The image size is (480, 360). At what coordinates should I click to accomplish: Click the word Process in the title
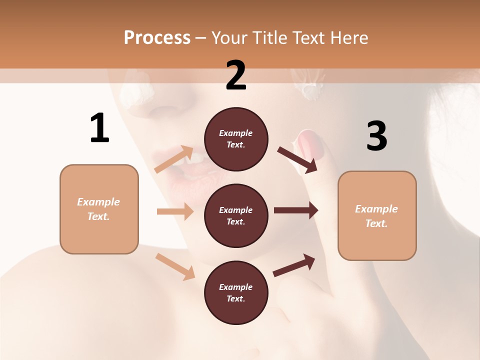(157, 38)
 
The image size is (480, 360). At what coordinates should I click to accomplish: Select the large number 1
(99, 128)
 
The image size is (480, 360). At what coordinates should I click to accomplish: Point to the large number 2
(236, 75)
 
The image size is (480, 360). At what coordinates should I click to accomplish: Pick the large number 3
(376, 136)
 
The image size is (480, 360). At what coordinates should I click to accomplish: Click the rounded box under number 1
(99, 209)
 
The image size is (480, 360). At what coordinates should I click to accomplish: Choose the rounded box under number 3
(377, 216)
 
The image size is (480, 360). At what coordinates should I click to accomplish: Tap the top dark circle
(236, 139)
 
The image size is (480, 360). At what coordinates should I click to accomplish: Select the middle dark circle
(236, 216)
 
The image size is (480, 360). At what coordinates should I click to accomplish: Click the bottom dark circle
(236, 293)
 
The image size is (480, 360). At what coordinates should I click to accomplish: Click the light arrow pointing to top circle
(174, 159)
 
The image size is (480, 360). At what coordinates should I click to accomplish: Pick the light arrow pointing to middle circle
(175, 211)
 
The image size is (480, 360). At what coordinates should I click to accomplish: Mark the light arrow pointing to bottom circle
(175, 266)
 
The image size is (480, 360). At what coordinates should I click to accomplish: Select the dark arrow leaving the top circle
(297, 159)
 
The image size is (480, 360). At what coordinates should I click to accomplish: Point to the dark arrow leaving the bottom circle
(294, 265)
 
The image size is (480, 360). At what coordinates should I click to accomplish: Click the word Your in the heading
(227, 38)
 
